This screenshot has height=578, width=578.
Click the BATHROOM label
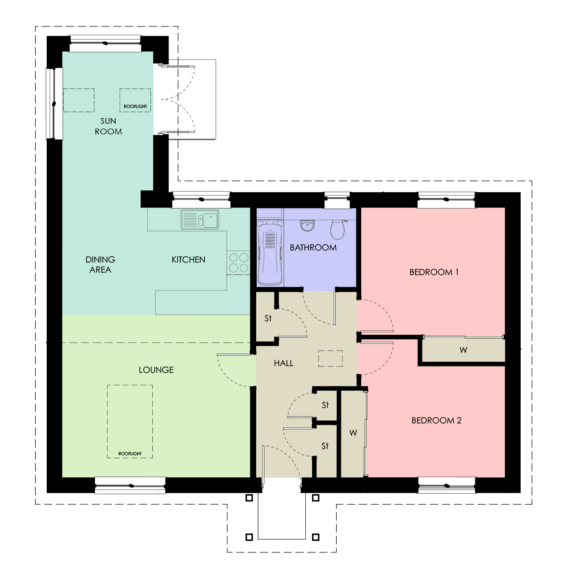pyautogui.click(x=313, y=248)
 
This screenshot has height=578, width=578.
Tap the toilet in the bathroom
pyautogui.click(x=338, y=229)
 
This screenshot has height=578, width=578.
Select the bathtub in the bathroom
pyautogui.click(x=270, y=253)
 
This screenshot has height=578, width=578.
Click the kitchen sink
pyautogui.click(x=200, y=220)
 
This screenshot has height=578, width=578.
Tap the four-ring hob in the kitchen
pyautogui.click(x=238, y=263)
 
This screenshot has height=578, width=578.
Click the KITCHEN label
pyautogui.click(x=188, y=260)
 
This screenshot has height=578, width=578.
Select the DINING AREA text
pyautogui.click(x=100, y=264)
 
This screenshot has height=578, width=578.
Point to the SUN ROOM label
pyautogui.click(x=108, y=126)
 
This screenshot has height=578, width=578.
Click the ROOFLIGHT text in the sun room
pyautogui.click(x=135, y=106)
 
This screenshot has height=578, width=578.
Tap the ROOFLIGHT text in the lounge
pyautogui.click(x=130, y=454)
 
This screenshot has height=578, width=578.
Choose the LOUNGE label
pyautogui.click(x=156, y=370)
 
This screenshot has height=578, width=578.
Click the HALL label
pyautogui.click(x=283, y=363)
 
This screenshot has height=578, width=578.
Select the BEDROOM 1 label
pyautogui.click(x=433, y=272)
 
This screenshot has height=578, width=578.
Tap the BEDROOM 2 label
pyautogui.click(x=436, y=420)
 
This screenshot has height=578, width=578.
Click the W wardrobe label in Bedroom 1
pyautogui.click(x=463, y=350)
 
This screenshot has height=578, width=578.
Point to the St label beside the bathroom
pyautogui.click(x=268, y=318)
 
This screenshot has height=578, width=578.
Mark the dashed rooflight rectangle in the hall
pyautogui.click(x=330, y=358)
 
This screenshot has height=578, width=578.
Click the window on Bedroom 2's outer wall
pyautogui.click(x=447, y=486)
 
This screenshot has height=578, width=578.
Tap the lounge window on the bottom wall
pyautogui.click(x=130, y=486)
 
